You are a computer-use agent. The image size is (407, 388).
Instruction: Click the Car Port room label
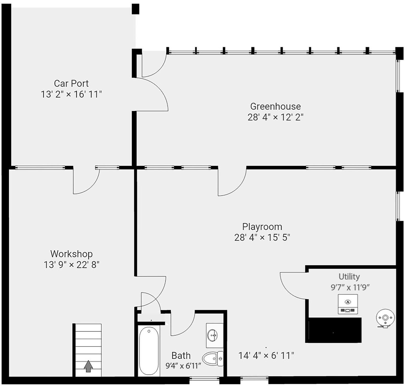pyautogui.click(x=71, y=83)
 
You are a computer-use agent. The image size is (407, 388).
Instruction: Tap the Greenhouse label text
pyautogui.click(x=275, y=106)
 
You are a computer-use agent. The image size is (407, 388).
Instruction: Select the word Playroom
pyautogui.click(x=262, y=227)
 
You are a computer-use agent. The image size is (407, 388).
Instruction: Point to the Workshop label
pyautogui.click(x=71, y=254)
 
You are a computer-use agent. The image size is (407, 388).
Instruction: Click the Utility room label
pyautogui.click(x=349, y=277)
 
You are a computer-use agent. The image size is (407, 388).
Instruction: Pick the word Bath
pyautogui.click(x=181, y=356)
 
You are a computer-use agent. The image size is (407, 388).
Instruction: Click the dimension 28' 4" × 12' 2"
pyautogui.click(x=275, y=117)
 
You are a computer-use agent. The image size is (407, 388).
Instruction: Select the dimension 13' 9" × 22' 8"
pyautogui.click(x=71, y=265)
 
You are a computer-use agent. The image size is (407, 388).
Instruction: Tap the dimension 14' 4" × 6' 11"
pyautogui.click(x=266, y=356)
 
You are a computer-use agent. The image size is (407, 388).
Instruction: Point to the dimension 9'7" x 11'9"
pyautogui.click(x=350, y=287)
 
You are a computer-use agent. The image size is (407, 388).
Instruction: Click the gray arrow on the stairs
pyautogui.click(x=88, y=366)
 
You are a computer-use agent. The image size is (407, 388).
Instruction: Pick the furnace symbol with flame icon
pyautogui.click(x=348, y=304)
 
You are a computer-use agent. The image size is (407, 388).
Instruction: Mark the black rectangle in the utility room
pyautogui.click(x=333, y=330)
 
